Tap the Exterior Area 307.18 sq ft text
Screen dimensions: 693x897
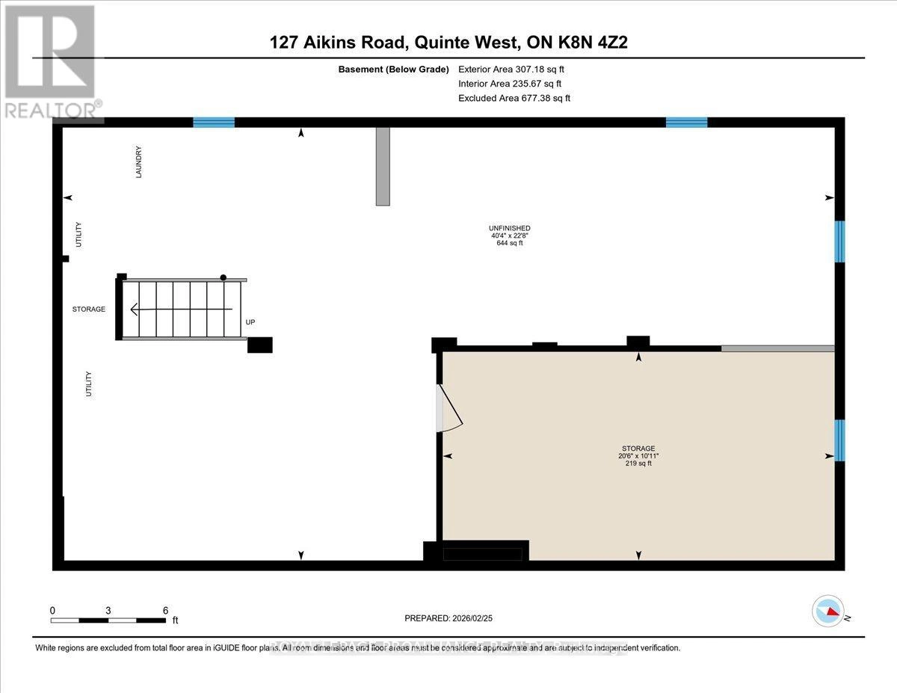pyautogui.click(x=511, y=69)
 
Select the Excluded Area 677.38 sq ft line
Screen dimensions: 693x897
pyautogui.click(x=514, y=98)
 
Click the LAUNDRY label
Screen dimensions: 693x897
pyautogui.click(x=139, y=161)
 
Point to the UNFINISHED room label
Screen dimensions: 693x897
pyautogui.click(x=509, y=228)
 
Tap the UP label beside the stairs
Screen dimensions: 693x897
pyautogui.click(x=250, y=323)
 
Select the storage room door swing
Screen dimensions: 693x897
pyautogui.click(x=449, y=409)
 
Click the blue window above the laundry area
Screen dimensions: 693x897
pyautogui.click(x=214, y=123)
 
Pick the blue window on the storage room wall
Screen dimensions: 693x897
pyautogui.click(x=839, y=440)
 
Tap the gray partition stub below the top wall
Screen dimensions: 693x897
pyautogui.click(x=383, y=166)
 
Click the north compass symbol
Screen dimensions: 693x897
pyautogui.click(x=827, y=611)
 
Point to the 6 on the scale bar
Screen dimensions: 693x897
pyautogui.click(x=165, y=610)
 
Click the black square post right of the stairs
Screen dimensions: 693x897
pyautogui.click(x=260, y=345)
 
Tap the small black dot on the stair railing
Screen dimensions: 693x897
pyautogui.click(x=223, y=277)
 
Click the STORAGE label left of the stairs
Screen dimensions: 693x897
pyautogui.click(x=88, y=309)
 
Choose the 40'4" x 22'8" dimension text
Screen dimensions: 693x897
pyautogui.click(x=509, y=235)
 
